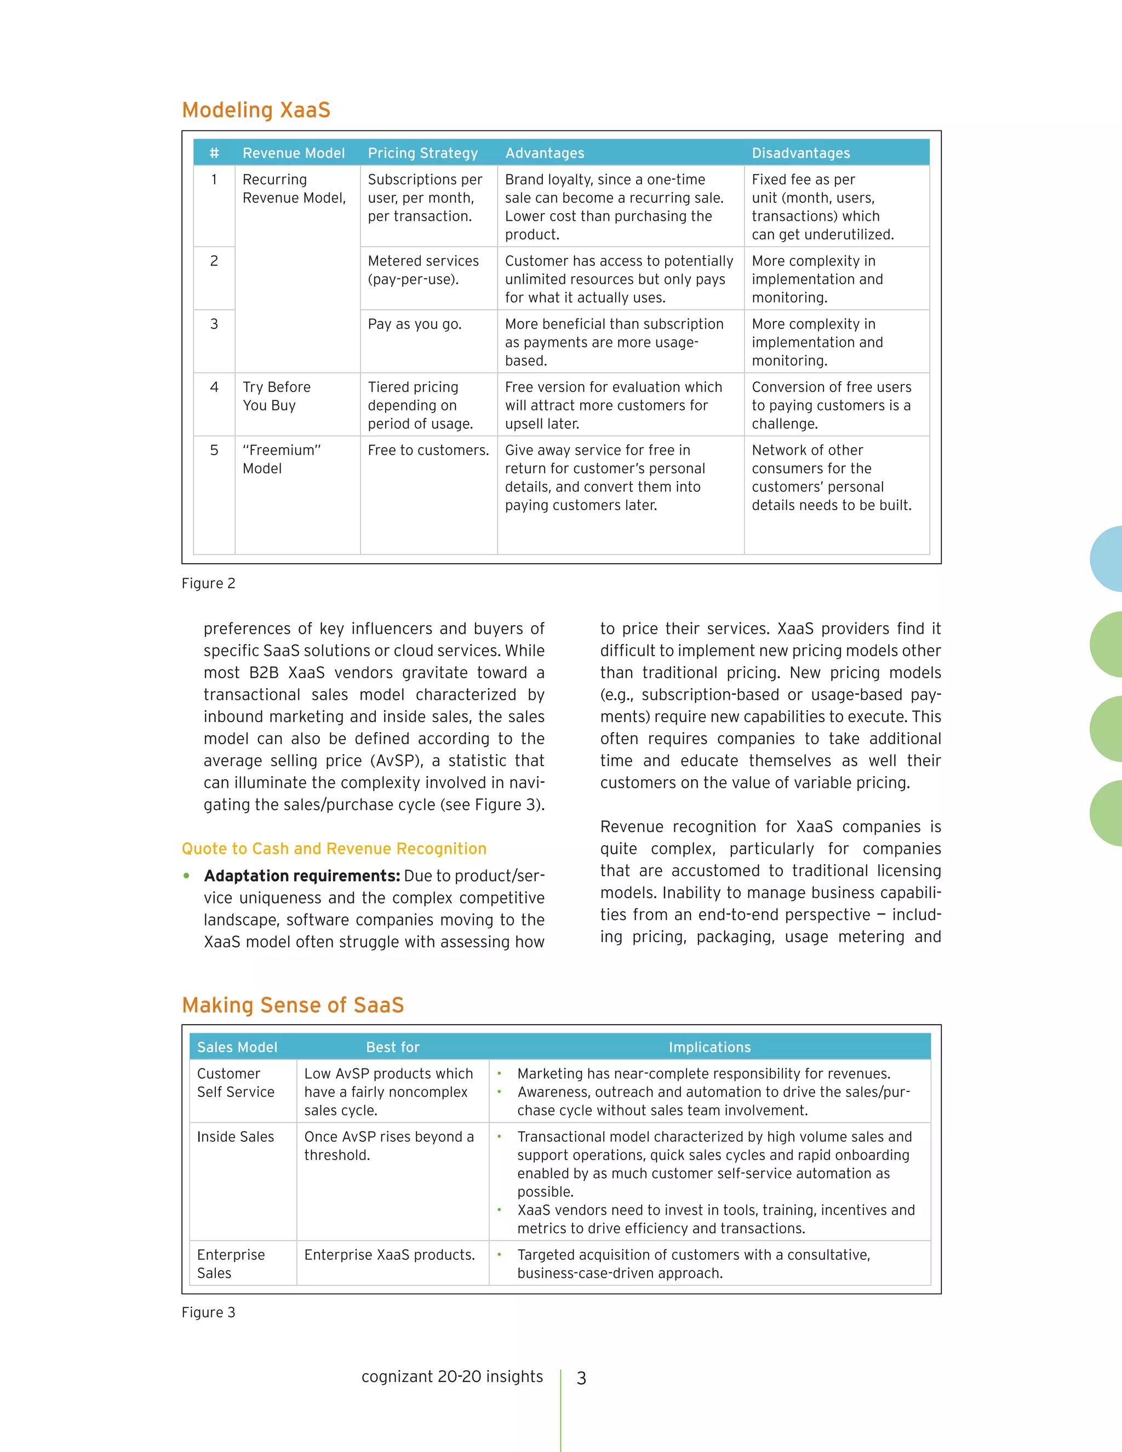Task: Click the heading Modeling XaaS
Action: point(256,110)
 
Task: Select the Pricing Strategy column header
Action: point(423,153)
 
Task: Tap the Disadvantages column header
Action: point(800,153)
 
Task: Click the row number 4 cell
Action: point(214,387)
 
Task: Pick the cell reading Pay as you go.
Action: point(414,324)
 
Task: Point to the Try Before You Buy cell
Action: point(277,396)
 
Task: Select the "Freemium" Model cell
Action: point(281,459)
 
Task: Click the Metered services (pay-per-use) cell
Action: point(423,270)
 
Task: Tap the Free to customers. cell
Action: point(428,450)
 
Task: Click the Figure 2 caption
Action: point(208,584)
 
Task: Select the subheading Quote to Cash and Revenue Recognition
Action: point(334,849)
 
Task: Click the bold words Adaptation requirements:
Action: point(302,876)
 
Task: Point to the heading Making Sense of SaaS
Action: point(293,1005)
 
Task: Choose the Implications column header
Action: point(709,1047)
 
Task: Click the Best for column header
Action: point(392,1047)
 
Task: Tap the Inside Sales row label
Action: point(235,1137)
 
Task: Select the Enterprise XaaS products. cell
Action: point(390,1255)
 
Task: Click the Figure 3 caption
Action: point(208,1312)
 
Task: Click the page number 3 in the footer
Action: point(581,1378)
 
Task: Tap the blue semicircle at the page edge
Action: point(1107,559)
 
